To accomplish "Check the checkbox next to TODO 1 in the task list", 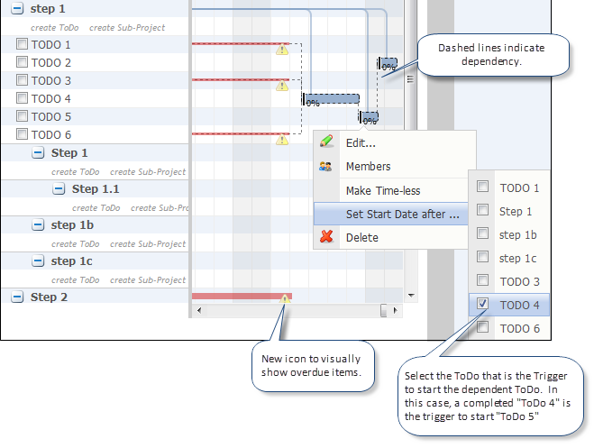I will click(22, 44).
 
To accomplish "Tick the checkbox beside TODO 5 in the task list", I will click(22, 116).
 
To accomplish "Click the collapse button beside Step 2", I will click(17, 297).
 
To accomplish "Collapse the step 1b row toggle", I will click(38, 225).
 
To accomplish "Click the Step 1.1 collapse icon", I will click(59, 189).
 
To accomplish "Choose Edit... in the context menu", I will click(361, 142).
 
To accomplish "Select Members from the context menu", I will click(368, 167).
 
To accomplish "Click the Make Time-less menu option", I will click(382, 191).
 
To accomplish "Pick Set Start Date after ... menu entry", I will click(402, 215).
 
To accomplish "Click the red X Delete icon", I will click(326, 237).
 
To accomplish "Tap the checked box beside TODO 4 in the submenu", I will click(483, 305).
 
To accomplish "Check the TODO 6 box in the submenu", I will click(483, 328).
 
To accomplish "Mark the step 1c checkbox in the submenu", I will click(483, 258).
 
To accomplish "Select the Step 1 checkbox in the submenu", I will click(483, 211).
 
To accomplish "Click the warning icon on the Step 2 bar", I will click(285, 297).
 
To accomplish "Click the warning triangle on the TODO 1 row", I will click(281, 50).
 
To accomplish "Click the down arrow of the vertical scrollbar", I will click(411, 295).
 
